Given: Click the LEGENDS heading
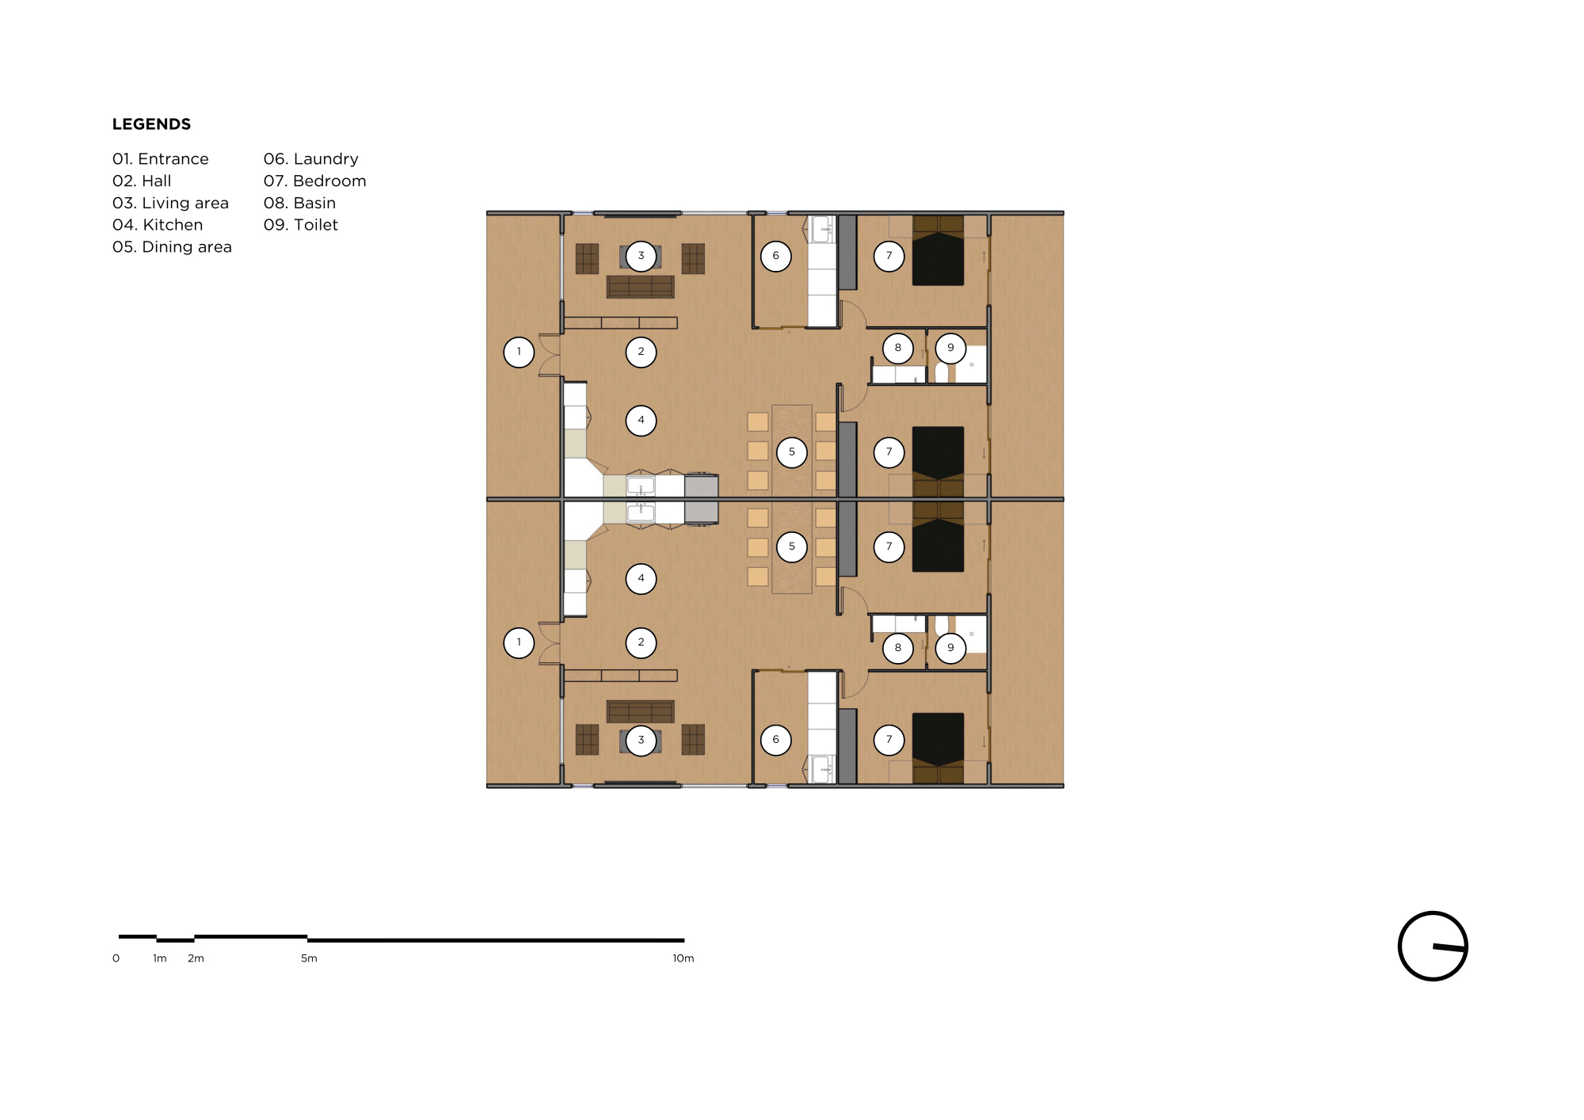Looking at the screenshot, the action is point(151,124).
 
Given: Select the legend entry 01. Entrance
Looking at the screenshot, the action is point(161,159).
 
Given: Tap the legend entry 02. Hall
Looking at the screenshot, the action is point(142,181).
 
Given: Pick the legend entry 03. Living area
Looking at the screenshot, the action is point(170,204).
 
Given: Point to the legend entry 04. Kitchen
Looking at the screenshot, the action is point(158,225).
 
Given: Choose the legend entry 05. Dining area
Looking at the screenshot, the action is point(172,247).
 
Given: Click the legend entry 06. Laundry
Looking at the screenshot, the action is point(311,159).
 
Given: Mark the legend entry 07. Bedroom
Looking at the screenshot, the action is point(315,181).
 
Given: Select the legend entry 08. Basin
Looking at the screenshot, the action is point(300,204).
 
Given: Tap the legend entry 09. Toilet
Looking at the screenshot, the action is point(301,225).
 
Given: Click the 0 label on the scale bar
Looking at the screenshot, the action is point(116,958).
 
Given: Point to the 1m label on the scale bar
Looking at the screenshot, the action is point(160,958).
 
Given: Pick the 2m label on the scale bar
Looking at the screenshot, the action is point(196,958).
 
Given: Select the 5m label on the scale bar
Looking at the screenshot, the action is point(309,958).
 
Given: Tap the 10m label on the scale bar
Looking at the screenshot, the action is point(683,958).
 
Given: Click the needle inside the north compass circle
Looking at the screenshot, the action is point(1449,947).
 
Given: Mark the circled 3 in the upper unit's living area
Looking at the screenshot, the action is point(641,256).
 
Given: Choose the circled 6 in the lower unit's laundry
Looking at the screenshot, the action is point(775,740).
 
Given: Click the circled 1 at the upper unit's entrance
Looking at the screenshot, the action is point(519,352).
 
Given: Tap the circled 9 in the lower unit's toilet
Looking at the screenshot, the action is point(950,648).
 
